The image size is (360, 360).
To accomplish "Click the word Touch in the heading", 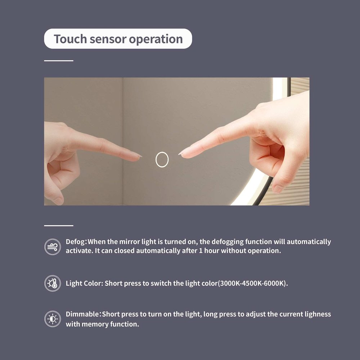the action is [70, 39].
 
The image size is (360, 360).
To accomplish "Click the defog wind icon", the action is [53, 247].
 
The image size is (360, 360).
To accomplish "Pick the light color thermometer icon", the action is [53, 283].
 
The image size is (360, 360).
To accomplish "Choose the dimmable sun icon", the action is [53, 319].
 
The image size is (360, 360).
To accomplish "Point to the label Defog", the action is [76, 242].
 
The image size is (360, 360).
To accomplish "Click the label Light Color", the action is [84, 283].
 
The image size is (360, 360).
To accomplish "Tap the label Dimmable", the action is [82, 314].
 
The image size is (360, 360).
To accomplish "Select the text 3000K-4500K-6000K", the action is [252, 283].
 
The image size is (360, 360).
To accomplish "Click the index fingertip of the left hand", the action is [140, 157].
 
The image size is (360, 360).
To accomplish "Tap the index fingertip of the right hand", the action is [181, 153].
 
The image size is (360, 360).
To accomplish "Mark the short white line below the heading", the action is [59, 60].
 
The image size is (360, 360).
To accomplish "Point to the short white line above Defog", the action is [59, 226].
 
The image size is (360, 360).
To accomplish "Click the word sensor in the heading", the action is [108, 40].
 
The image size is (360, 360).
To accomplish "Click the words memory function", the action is [110, 324].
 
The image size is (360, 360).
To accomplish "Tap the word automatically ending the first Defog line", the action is [309, 242].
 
